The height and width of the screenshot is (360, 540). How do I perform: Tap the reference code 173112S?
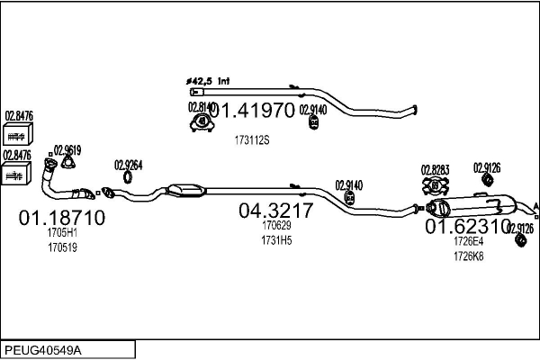coord(252,139)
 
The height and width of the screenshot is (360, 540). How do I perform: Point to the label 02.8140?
coord(201,107)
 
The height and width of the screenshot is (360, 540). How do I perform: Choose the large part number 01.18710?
coord(62,218)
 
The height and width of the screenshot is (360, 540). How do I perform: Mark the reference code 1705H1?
coord(62,232)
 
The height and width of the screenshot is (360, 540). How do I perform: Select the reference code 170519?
coord(62,247)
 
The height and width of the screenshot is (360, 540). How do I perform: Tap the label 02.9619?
coord(67,150)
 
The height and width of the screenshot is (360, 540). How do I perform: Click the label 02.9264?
coord(129,165)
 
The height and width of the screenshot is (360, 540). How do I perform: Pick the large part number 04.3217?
coord(275,211)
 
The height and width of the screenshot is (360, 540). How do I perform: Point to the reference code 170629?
coord(275,226)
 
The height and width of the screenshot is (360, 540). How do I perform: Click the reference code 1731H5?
coord(275,240)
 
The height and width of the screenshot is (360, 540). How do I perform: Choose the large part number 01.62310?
coord(467,226)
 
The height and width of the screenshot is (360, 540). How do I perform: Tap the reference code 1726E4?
coord(468,241)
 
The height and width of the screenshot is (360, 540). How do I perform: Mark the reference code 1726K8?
coord(468,256)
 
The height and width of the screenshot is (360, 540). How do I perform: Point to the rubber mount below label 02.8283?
coord(434,186)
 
